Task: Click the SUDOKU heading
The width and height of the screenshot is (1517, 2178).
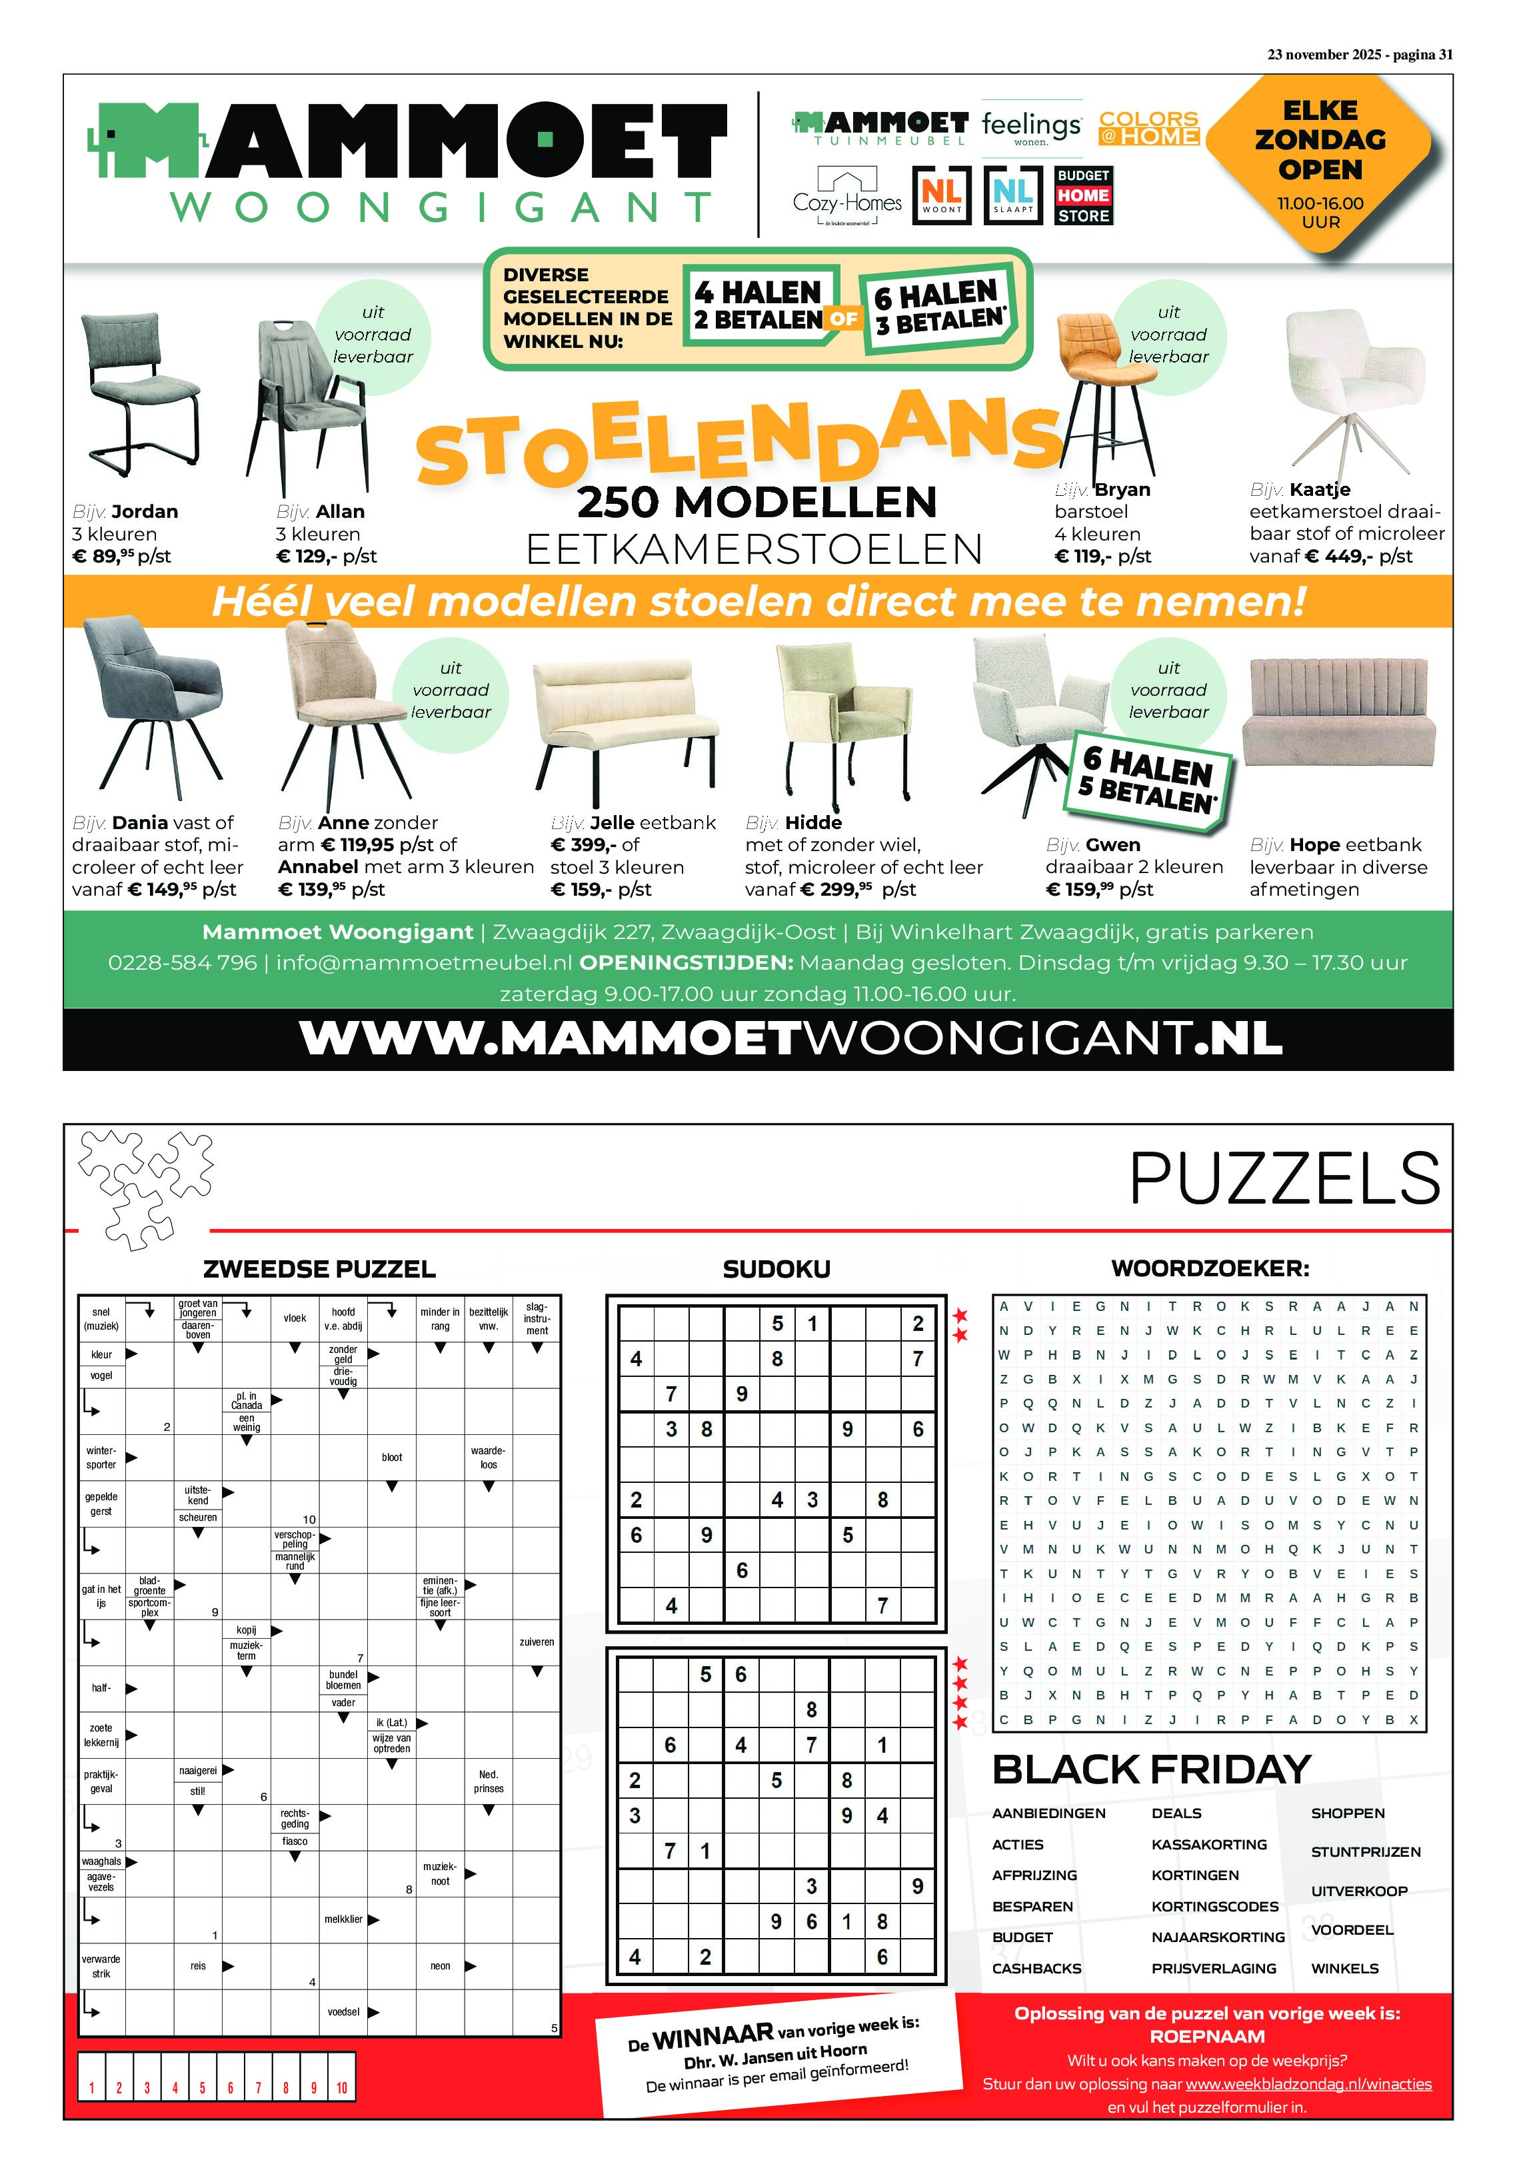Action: [776, 1269]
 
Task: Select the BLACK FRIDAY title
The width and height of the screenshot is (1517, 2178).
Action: [1151, 1770]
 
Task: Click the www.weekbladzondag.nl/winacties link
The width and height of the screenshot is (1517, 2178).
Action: [1308, 2084]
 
